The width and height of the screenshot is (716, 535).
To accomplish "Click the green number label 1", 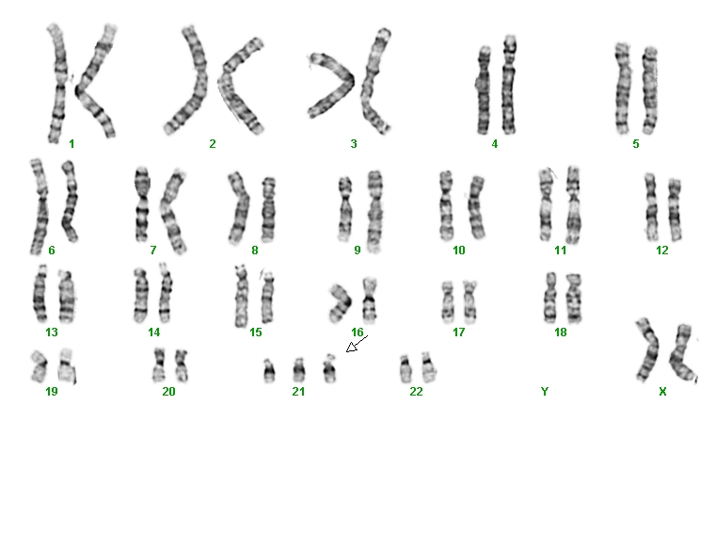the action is coord(72,144).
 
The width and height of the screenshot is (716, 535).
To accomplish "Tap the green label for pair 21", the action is coord(298,392).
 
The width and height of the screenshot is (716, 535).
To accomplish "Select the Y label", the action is coord(545,392).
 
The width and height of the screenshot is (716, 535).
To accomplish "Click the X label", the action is coord(662,392).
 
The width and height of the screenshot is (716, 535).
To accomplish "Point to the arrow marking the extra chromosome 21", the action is coord(358,344).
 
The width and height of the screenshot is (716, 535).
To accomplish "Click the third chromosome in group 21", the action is coord(329,368).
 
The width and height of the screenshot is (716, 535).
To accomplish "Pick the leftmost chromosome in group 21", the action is coord(269,371).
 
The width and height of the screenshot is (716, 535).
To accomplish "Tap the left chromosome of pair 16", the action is coord(342,303).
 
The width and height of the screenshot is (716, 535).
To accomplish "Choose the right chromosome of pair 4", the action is coord(509,85).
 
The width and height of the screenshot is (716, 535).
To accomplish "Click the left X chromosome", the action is coord(647,349).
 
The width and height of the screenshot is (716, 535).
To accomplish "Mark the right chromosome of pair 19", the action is coord(67,365).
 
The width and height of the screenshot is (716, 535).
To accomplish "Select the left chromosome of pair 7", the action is coord(142,204).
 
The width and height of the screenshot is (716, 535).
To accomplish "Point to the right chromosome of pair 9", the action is coord(374,211).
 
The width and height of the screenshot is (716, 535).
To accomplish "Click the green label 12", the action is coord(661,251).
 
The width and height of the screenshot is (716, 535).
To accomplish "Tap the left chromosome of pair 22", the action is coord(406,368).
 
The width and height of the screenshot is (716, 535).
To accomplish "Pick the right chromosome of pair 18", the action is coord(574,299).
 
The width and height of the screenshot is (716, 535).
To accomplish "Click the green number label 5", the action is coord(636,144).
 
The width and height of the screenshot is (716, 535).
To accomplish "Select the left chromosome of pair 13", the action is coord(40,294).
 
